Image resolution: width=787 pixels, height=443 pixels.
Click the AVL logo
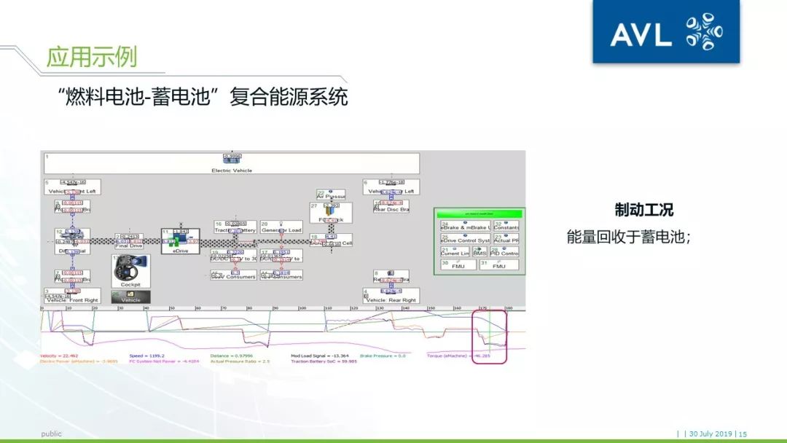pyautogui.click(x=665, y=32)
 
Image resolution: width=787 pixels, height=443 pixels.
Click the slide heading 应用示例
pyautogui.click(x=91, y=57)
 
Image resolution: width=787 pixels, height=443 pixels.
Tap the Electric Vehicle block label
pyautogui.click(x=232, y=170)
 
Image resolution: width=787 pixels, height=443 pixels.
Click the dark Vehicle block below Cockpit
pyautogui.click(x=130, y=297)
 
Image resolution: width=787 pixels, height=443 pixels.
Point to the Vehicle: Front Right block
pyautogui.click(x=71, y=299)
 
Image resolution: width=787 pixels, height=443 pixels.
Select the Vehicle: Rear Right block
pyautogui.click(x=391, y=299)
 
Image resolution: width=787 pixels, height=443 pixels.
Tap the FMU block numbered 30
pyautogui.click(x=458, y=265)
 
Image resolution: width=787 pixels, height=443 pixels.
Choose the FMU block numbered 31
pyautogui.click(x=498, y=265)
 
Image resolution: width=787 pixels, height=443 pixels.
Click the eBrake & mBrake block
pyautogui.click(x=465, y=226)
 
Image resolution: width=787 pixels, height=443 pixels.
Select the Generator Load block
pyautogui.click(x=281, y=228)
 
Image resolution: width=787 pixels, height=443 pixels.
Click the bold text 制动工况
pyautogui.click(x=643, y=211)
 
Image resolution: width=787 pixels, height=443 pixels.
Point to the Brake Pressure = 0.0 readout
pyautogui.click(x=383, y=356)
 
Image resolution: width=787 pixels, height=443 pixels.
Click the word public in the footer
pyautogui.click(x=51, y=434)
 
